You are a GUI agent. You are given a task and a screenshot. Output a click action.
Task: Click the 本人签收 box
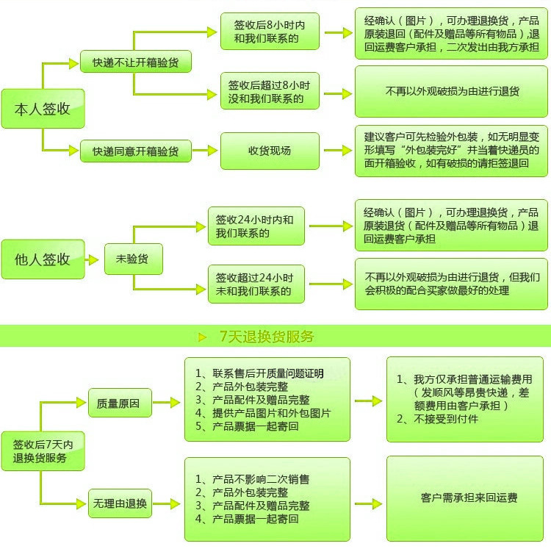[x=43, y=109]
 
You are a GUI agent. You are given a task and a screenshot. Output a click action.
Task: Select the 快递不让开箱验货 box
[x=136, y=62]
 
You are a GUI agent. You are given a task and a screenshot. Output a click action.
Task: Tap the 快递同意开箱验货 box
[x=136, y=151]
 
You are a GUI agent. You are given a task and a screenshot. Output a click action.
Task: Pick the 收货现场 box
[x=270, y=151]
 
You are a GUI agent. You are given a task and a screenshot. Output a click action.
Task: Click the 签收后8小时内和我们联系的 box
[x=270, y=32]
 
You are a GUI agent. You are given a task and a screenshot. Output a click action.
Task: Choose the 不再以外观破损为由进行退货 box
[x=451, y=91]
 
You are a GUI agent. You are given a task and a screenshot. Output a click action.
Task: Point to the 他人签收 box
[x=43, y=259]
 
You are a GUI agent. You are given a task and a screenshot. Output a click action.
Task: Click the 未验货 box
[x=134, y=259]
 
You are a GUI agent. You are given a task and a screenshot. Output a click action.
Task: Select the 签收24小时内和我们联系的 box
[x=256, y=226]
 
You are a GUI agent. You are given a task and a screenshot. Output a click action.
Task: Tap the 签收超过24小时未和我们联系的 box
[x=256, y=284]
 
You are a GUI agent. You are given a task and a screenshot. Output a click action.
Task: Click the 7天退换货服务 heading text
[x=267, y=337]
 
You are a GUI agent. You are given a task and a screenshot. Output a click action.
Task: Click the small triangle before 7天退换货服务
[x=202, y=337]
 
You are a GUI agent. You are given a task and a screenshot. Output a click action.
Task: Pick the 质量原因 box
[x=120, y=403]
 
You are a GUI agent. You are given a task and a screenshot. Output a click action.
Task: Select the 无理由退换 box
[x=120, y=503]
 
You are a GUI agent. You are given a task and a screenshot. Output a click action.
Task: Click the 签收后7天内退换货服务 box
[x=43, y=451]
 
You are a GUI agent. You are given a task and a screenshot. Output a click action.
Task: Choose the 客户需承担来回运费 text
[x=469, y=498]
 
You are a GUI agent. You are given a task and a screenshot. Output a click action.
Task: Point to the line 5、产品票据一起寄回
[x=247, y=426]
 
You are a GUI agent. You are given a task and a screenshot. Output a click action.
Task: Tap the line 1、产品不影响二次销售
[x=252, y=479]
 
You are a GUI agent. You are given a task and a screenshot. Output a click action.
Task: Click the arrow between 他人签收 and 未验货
[x=92, y=259]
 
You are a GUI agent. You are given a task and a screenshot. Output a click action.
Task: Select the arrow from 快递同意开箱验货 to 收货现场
[x=205, y=151]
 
